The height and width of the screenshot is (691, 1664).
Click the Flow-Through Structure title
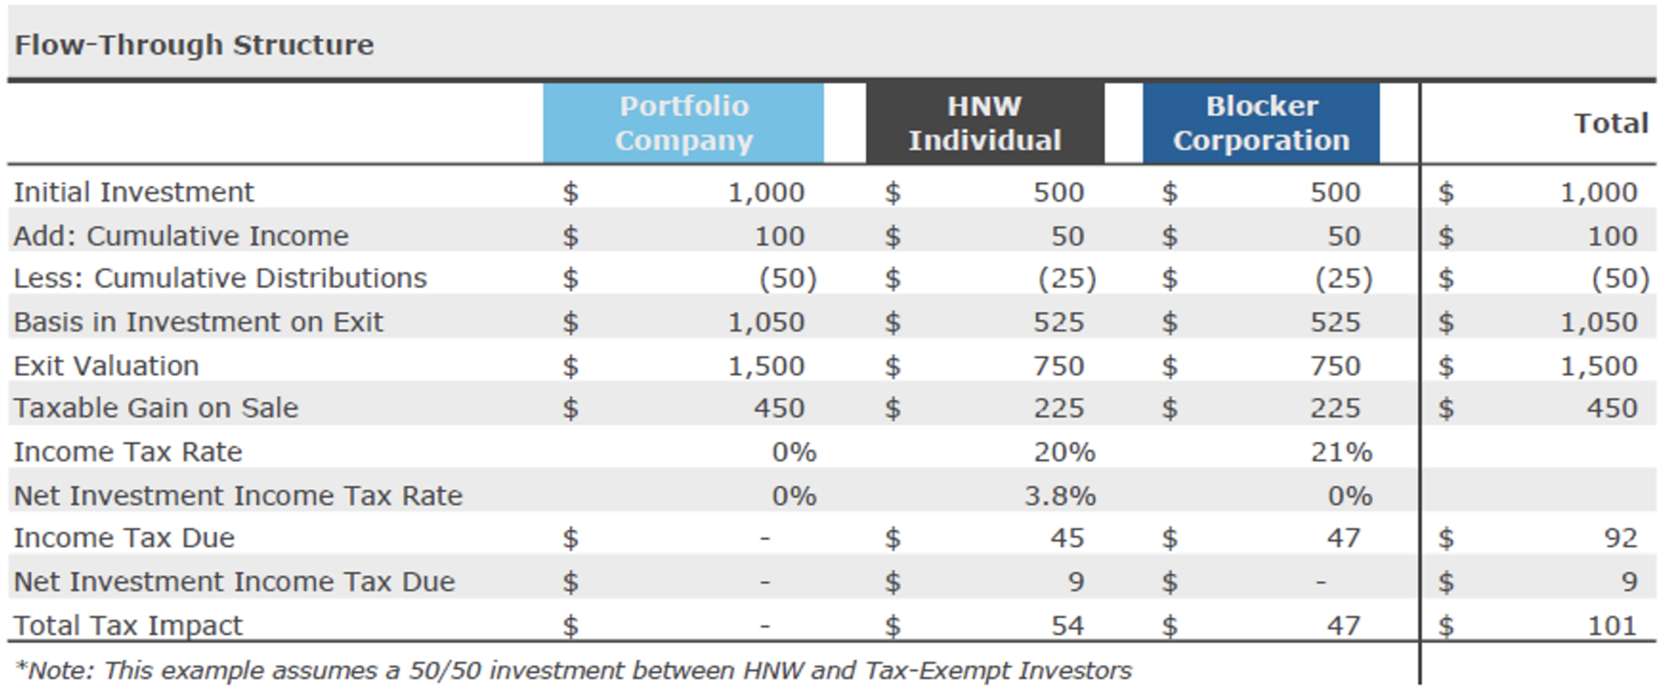pos(194,45)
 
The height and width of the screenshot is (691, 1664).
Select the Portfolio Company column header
pos(683,123)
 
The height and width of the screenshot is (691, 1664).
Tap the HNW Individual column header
pos(985,123)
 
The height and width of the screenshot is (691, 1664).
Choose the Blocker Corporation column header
pos(1261,123)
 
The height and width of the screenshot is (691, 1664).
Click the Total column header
pos(1610,123)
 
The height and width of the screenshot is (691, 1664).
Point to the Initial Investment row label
pos(134,192)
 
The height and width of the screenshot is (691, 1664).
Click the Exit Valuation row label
pos(106,366)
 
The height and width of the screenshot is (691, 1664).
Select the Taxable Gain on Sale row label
pos(156,408)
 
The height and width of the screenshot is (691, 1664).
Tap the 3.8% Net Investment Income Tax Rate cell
pos(1059,496)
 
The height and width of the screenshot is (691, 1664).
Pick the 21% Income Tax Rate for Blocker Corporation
pos(1341,452)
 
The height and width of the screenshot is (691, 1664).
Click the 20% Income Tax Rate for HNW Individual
pos(1064,452)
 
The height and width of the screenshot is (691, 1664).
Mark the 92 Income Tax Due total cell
pos(1619,538)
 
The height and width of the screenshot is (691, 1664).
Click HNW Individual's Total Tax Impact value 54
pos(1066,626)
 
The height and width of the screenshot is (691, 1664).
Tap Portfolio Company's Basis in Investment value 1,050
pos(765,322)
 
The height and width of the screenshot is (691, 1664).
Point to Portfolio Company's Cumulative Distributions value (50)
pos(787,279)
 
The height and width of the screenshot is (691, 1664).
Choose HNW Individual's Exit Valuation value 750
pos(1058,366)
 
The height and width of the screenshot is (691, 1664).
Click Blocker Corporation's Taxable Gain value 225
pos(1334,408)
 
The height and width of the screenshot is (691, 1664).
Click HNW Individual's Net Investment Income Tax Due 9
pos(1075,582)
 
